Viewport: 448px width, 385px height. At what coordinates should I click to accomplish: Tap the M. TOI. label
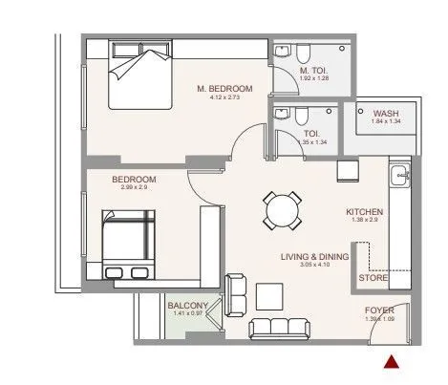coord(313,70)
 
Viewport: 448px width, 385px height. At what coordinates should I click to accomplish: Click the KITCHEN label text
coord(365,211)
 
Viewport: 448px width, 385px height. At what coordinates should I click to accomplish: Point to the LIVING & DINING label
coord(313,257)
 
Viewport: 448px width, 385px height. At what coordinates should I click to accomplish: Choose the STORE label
coord(373,278)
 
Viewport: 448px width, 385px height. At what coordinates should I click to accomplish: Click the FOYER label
coord(379,310)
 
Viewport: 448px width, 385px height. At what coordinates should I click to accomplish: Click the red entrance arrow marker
coord(390,361)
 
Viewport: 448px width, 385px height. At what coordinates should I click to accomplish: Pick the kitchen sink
coord(400,176)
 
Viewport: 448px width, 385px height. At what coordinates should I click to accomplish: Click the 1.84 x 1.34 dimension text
coord(386,121)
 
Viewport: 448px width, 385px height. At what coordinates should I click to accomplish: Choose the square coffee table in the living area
coord(269,295)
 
